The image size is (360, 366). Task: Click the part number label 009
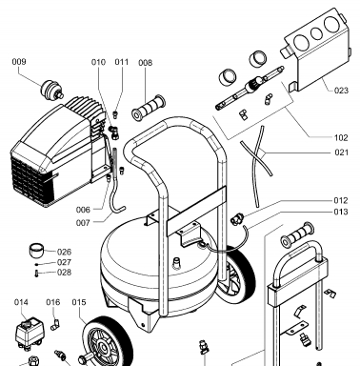point(19,61)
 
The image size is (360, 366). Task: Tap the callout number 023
point(341,91)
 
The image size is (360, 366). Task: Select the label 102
point(341,137)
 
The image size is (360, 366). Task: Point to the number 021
point(342,152)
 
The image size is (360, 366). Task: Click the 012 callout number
point(341,200)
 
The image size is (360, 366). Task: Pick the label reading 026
point(64,252)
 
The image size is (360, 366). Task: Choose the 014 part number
point(21,302)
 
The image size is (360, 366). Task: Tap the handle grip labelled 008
point(149,108)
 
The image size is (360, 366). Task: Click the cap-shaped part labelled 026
point(37,252)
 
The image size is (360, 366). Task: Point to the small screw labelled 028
point(36,274)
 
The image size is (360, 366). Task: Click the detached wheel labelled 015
point(108,342)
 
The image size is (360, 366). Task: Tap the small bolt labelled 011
point(116,114)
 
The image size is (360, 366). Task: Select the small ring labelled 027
point(37,264)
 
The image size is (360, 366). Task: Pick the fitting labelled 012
point(237,218)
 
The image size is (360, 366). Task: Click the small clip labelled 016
point(55,325)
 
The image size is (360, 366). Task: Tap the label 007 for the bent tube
point(83,223)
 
